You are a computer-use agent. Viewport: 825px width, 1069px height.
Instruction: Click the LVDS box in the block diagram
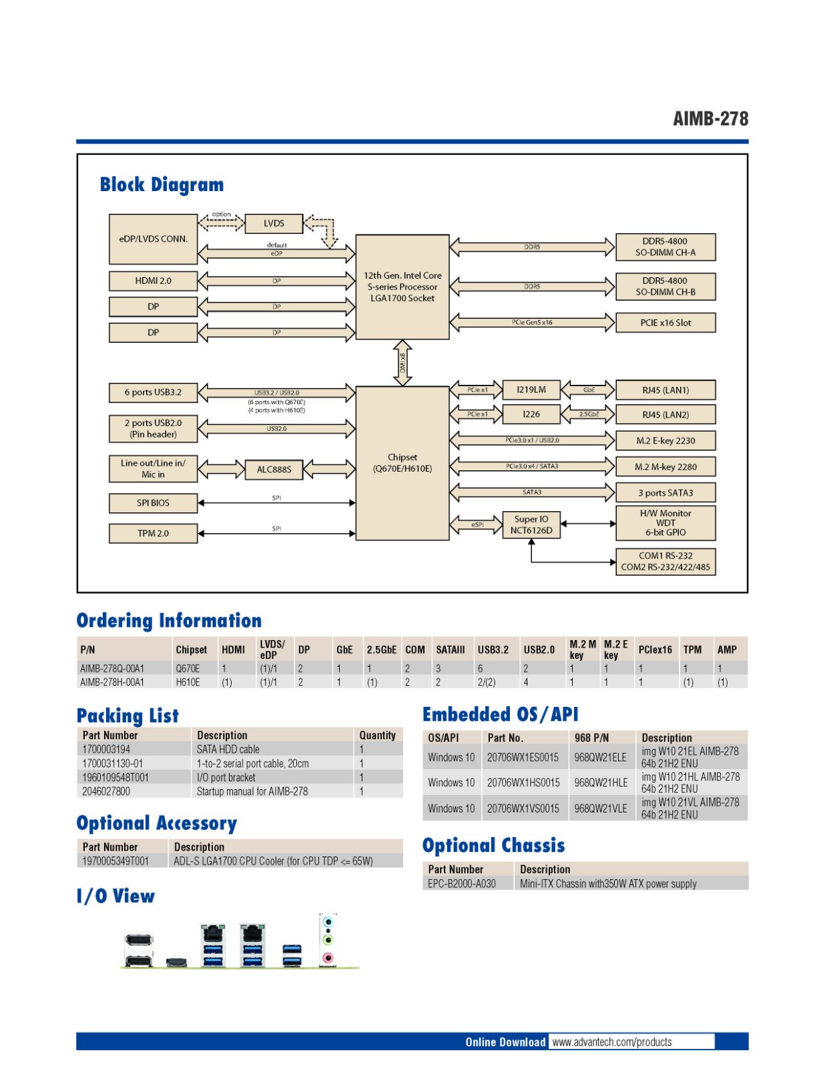[274, 223]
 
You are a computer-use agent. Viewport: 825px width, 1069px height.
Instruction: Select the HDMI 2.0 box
[153, 281]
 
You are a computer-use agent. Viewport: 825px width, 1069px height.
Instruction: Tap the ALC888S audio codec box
[274, 469]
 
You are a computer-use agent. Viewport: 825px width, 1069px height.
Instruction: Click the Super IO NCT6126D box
[531, 524]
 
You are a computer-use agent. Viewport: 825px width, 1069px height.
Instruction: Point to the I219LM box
[531, 390]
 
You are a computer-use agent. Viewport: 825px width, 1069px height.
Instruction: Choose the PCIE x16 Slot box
[665, 323]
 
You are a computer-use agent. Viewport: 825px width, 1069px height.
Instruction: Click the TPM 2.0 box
[153, 533]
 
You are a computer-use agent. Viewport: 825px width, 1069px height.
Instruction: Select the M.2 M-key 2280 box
[665, 466]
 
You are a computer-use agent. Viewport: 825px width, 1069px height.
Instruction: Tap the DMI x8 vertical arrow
[402, 363]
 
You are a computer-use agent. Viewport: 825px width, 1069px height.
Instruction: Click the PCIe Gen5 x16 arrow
[532, 323]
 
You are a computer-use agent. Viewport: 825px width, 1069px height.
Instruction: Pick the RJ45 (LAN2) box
[665, 414]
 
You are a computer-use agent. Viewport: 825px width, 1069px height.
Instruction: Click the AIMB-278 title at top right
[710, 119]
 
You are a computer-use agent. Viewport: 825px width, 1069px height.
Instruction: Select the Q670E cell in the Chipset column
[188, 668]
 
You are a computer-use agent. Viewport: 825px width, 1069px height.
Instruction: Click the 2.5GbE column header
[381, 649]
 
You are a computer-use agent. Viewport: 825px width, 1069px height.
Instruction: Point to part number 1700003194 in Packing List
[106, 749]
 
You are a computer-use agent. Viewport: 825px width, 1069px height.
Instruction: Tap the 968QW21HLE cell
[601, 782]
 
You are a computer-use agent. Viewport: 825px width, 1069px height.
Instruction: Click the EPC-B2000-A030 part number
[462, 883]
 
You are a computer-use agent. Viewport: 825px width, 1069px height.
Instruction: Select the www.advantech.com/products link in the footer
[612, 1042]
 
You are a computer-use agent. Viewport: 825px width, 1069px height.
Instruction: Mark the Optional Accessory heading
[157, 823]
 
